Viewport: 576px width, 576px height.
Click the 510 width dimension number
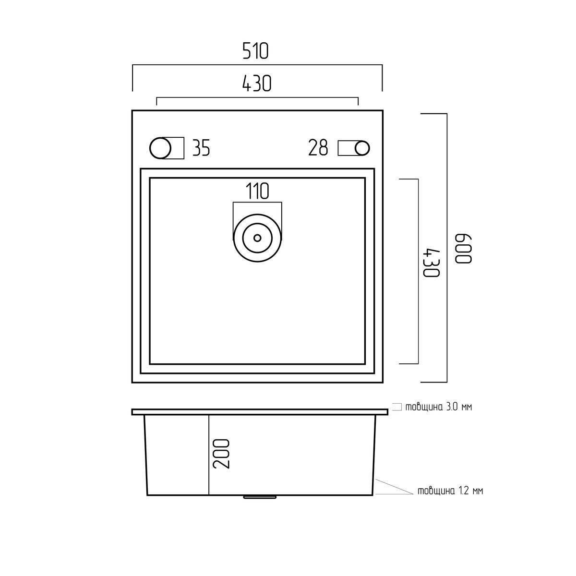pos(255,51)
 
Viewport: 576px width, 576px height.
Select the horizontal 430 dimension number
pos(257,84)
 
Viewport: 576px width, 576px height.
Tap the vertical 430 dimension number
pos(432,263)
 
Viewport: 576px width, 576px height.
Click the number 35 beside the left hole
pos(201,148)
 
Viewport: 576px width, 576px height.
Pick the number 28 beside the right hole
pos(318,148)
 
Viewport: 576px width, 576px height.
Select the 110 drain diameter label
pos(257,191)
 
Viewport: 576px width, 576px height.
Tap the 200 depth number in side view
pos(221,454)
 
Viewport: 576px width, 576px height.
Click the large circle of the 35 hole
pos(160,148)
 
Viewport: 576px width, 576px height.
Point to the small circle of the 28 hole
pos(362,148)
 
